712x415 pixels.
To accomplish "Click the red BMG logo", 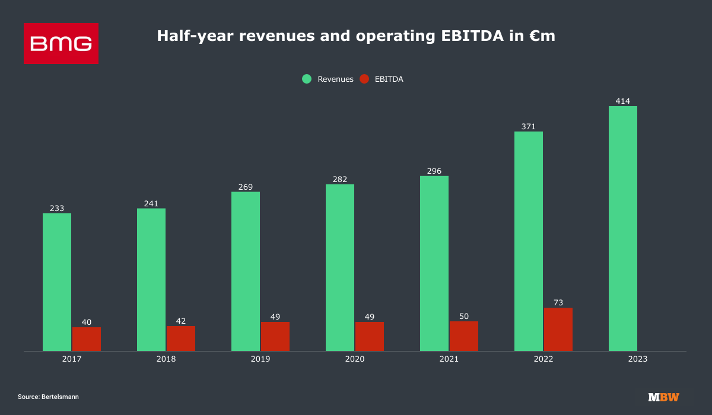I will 61,43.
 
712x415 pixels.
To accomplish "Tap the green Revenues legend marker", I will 307,79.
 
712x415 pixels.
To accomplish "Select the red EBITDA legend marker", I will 364,79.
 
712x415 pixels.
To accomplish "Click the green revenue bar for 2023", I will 623,228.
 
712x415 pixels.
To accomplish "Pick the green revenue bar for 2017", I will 57,282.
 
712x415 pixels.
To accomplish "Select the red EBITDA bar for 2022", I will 558,329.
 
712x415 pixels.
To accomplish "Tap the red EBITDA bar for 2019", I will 275,336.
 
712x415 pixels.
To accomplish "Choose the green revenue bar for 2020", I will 340,267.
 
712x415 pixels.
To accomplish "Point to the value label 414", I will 623,101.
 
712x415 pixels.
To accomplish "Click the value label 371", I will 529,126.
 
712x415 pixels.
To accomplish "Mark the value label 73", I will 558,303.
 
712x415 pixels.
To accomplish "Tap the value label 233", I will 57,208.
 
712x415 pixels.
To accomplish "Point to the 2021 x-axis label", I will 449,359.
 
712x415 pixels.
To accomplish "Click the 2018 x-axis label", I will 166,359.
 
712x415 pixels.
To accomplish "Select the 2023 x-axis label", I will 638,359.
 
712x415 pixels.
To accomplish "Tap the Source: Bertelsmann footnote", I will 48,397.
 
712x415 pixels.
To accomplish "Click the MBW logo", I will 663,397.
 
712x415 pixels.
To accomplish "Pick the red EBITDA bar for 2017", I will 87,339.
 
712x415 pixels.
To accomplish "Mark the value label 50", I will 464,317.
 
